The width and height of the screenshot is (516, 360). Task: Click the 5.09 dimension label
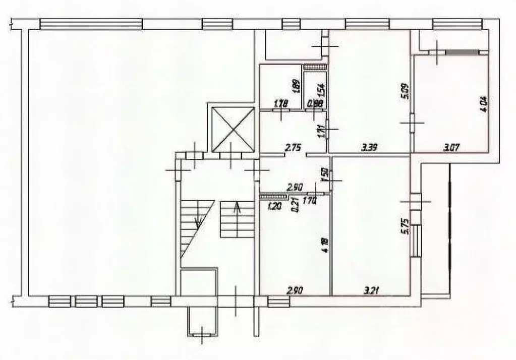pos(403,92)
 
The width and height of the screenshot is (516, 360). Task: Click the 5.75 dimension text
pos(404,231)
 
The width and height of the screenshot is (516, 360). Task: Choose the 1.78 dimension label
pos(280,104)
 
